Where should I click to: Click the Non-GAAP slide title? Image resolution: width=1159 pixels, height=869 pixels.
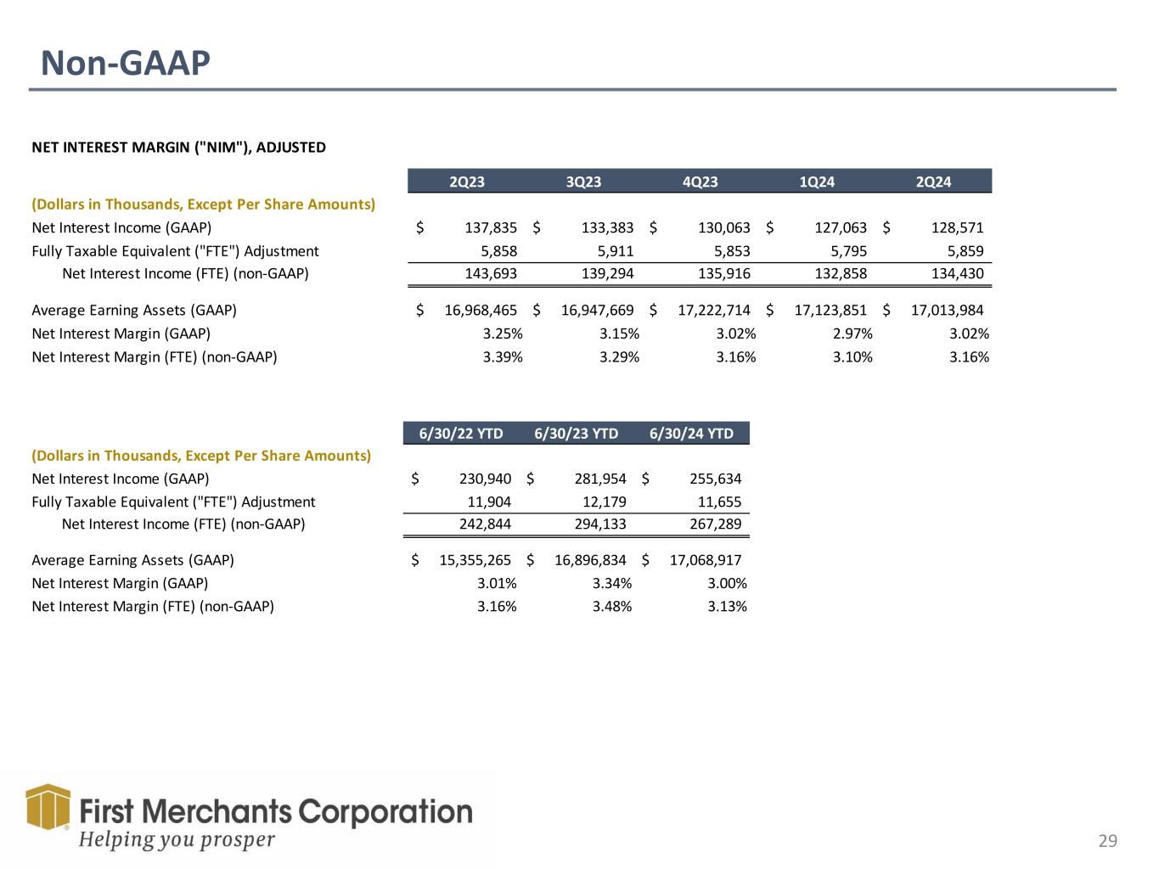(x=126, y=64)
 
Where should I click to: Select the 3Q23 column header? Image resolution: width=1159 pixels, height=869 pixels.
(x=583, y=182)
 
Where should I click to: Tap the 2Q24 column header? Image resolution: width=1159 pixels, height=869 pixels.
(x=933, y=182)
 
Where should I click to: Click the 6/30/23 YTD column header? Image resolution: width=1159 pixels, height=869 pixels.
(x=576, y=434)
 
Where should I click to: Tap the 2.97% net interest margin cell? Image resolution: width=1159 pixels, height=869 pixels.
(x=852, y=334)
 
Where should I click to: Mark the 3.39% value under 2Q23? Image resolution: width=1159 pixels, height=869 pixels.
(x=503, y=357)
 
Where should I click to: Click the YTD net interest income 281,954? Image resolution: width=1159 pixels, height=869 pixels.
(x=599, y=479)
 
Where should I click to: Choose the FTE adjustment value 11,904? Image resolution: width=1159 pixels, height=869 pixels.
(x=484, y=502)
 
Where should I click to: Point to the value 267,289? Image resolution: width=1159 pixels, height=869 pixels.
(x=714, y=524)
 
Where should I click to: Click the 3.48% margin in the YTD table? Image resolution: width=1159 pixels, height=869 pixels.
(x=611, y=607)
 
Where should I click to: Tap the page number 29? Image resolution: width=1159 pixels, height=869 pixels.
(x=1107, y=841)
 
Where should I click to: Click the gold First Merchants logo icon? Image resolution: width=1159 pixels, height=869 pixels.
(x=48, y=806)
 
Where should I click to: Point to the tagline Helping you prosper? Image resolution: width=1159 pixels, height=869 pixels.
(x=177, y=839)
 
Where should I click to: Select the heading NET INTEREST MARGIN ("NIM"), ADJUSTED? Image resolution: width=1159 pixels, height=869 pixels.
(x=178, y=148)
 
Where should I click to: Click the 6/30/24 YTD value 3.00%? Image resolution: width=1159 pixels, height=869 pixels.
(x=727, y=583)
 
